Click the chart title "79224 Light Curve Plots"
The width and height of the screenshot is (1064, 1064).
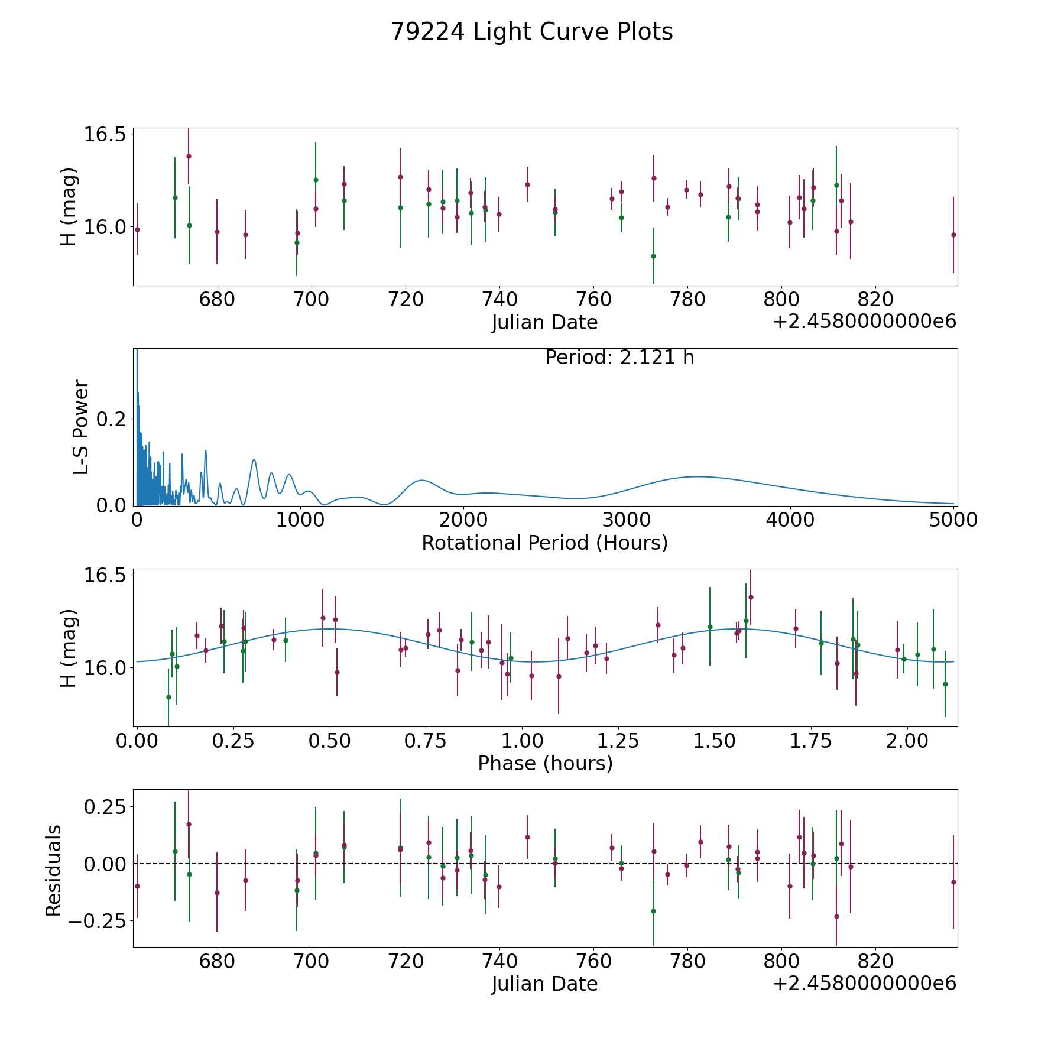click(x=531, y=32)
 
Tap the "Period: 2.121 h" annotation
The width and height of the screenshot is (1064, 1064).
click(x=619, y=358)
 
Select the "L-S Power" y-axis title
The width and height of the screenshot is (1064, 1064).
click(x=81, y=427)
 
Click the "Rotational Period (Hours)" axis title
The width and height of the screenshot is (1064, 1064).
click(x=544, y=543)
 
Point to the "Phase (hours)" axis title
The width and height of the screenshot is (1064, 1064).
click(x=545, y=763)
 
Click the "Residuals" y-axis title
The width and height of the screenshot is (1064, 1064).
click(x=54, y=871)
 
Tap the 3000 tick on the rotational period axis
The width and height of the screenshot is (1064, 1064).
click(x=626, y=520)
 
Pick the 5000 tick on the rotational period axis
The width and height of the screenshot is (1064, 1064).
click(x=953, y=520)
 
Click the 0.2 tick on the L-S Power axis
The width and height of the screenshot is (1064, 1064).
click(x=112, y=419)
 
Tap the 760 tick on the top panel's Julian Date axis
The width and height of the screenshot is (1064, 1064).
click(x=593, y=300)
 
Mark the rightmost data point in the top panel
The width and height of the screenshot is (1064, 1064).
click(x=953, y=235)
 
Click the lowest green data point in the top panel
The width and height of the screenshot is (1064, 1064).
click(x=653, y=256)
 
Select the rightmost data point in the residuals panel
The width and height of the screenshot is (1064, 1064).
click(x=953, y=882)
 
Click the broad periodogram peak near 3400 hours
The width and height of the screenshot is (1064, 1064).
click(x=698, y=476)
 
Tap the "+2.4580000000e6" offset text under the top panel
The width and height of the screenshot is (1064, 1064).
click(x=865, y=322)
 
